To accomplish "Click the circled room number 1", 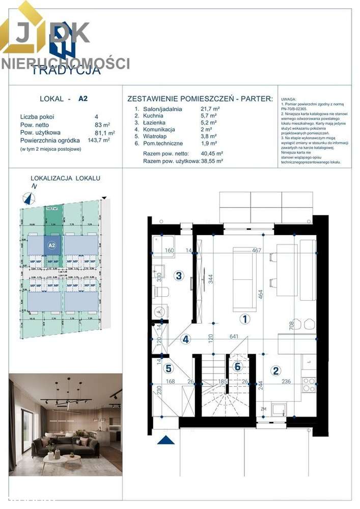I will tap(245, 319).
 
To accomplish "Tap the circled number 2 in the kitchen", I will tap(275, 371).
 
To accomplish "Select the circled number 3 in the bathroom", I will tap(178, 276).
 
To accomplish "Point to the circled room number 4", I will tap(186, 340).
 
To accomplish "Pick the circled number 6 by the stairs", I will tap(237, 366).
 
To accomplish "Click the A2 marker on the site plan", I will tap(51, 245).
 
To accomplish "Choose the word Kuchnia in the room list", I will tap(153, 116).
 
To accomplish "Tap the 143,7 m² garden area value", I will tap(99, 140).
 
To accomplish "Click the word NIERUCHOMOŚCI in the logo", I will tap(65, 64).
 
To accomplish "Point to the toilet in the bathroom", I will tap(162, 293).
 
